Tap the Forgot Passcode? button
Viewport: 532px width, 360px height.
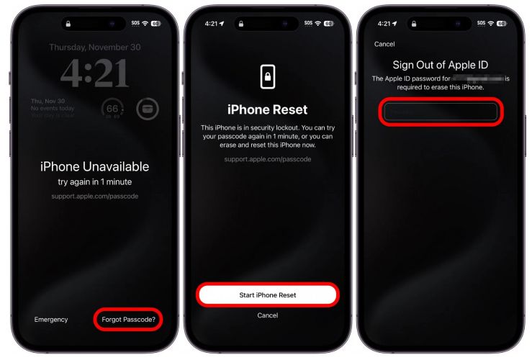(128, 319)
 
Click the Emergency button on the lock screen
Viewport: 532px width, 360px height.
(51, 319)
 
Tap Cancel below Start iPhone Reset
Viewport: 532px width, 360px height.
(268, 315)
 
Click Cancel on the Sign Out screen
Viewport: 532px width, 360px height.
(384, 44)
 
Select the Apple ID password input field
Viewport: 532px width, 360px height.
(440, 112)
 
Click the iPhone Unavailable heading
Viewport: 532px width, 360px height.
(94, 166)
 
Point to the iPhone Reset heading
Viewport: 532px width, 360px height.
(267, 110)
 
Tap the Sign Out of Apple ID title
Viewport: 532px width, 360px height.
(440, 65)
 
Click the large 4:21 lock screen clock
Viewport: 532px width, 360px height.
(94, 73)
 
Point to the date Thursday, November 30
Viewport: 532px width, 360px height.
(94, 47)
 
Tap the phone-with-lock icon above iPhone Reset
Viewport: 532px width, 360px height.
(267, 77)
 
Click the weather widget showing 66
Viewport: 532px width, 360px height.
(112, 109)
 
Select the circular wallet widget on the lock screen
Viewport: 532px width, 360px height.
(147, 109)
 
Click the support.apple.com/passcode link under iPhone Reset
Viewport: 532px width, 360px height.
(267, 158)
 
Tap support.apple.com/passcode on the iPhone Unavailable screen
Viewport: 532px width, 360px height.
(94, 196)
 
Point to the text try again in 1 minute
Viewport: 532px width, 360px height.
(94, 182)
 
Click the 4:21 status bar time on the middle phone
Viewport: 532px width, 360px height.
(211, 23)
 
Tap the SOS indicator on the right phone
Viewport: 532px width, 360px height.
(481, 23)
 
